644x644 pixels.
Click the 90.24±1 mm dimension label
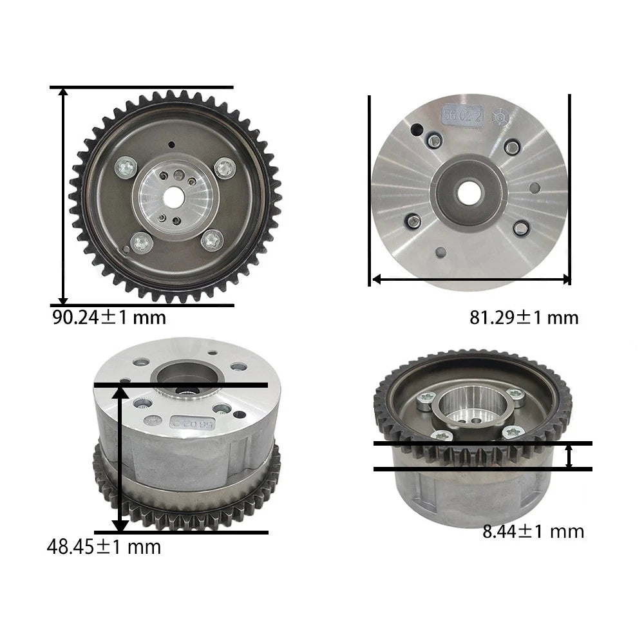coord(109,317)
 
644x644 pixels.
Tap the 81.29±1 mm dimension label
coord(524,317)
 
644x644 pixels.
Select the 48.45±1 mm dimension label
coord(104,547)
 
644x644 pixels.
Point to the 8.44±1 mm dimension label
coord(533,531)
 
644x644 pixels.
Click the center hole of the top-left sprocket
coord(173,197)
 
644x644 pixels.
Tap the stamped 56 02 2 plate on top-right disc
coord(462,115)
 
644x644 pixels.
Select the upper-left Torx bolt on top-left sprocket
coord(126,167)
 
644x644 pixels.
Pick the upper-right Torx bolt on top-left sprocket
coord(225,168)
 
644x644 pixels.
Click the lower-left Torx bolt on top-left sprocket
coord(142,243)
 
